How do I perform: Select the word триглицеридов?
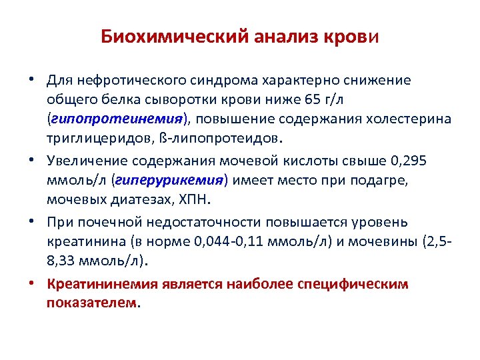(91, 138)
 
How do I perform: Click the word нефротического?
(124, 80)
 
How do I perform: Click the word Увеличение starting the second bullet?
(87, 161)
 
